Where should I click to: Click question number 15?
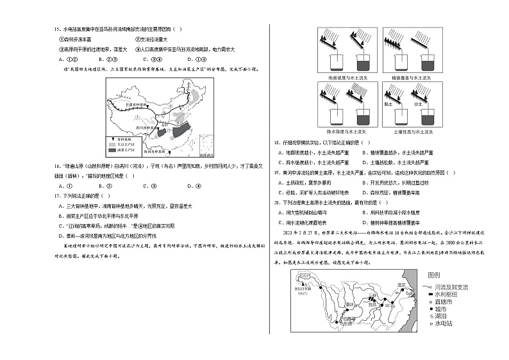(x=56, y=29)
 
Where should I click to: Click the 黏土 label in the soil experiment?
(x=388, y=102)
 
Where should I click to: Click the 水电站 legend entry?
(x=443, y=324)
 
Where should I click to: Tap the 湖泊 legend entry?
(x=440, y=316)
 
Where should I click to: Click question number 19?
(x=277, y=172)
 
